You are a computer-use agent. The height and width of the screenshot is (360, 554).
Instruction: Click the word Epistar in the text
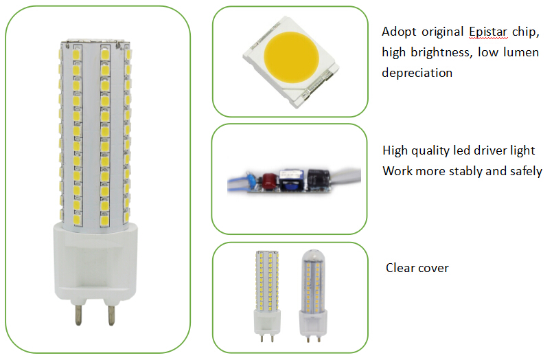click(488, 32)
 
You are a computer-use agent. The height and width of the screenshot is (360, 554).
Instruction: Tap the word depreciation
click(417, 73)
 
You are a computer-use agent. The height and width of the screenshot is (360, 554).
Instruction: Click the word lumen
click(521, 52)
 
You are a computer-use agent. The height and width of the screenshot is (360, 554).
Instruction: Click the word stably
click(461, 171)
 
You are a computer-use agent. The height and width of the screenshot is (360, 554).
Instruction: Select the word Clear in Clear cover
click(399, 268)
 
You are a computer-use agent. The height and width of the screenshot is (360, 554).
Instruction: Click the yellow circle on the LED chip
click(292, 58)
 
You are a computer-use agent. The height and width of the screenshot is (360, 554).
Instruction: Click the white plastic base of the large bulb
click(95, 263)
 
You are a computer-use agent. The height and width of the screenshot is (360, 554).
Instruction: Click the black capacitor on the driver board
click(318, 179)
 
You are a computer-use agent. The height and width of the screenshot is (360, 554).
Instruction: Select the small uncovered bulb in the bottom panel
click(267, 296)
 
